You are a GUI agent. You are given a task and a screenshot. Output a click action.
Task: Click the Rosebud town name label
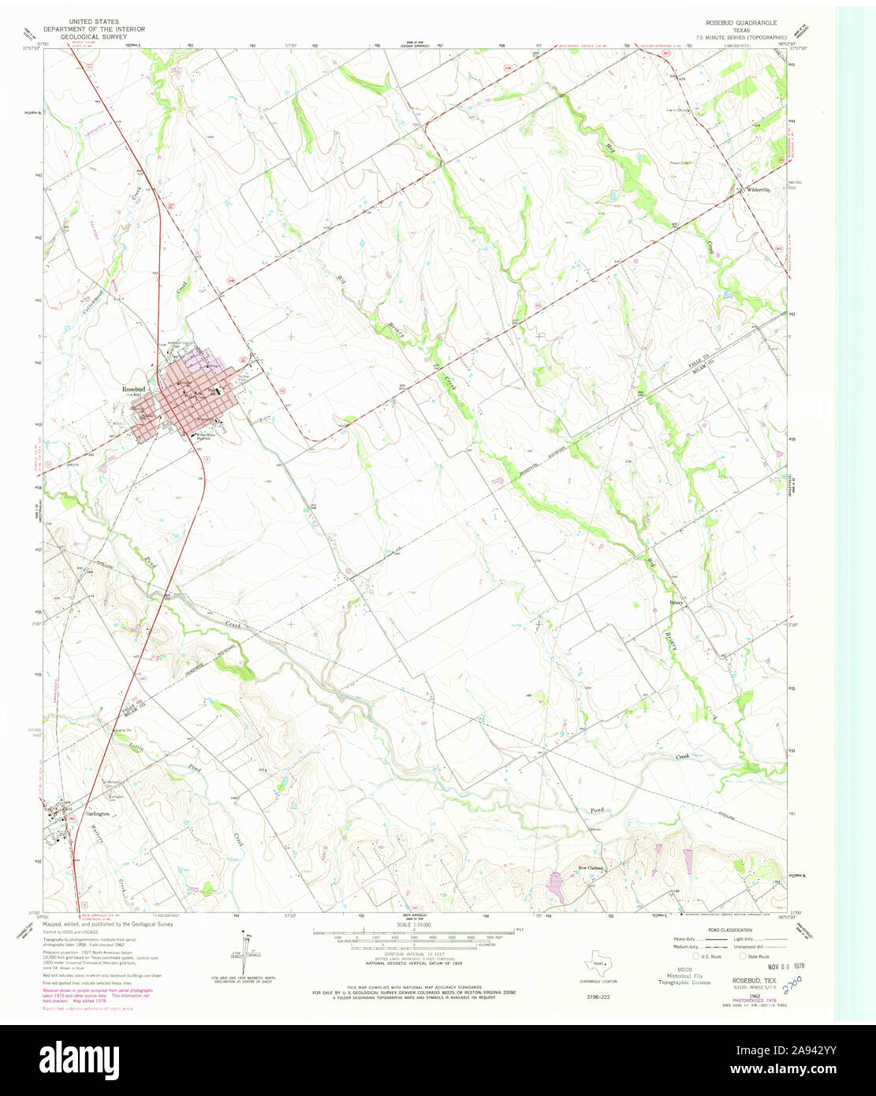tap(132, 390)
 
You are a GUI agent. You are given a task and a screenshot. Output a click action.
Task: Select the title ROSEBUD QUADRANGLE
tap(740, 23)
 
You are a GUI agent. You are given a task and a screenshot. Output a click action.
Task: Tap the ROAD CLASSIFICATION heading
tap(729, 931)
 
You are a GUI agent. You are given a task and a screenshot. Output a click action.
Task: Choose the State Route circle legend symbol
tap(741, 956)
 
